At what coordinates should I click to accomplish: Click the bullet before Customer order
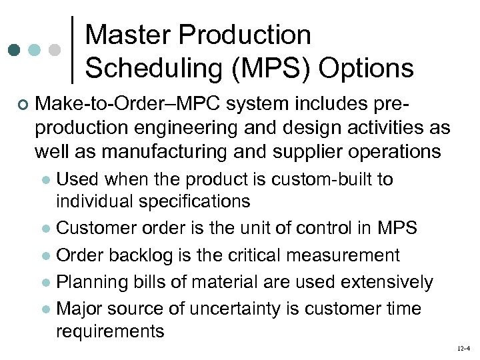pyautogui.click(x=45, y=229)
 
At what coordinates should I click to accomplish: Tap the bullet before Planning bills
pyautogui.click(x=45, y=283)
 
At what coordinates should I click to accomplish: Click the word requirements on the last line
pyautogui.click(x=110, y=330)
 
